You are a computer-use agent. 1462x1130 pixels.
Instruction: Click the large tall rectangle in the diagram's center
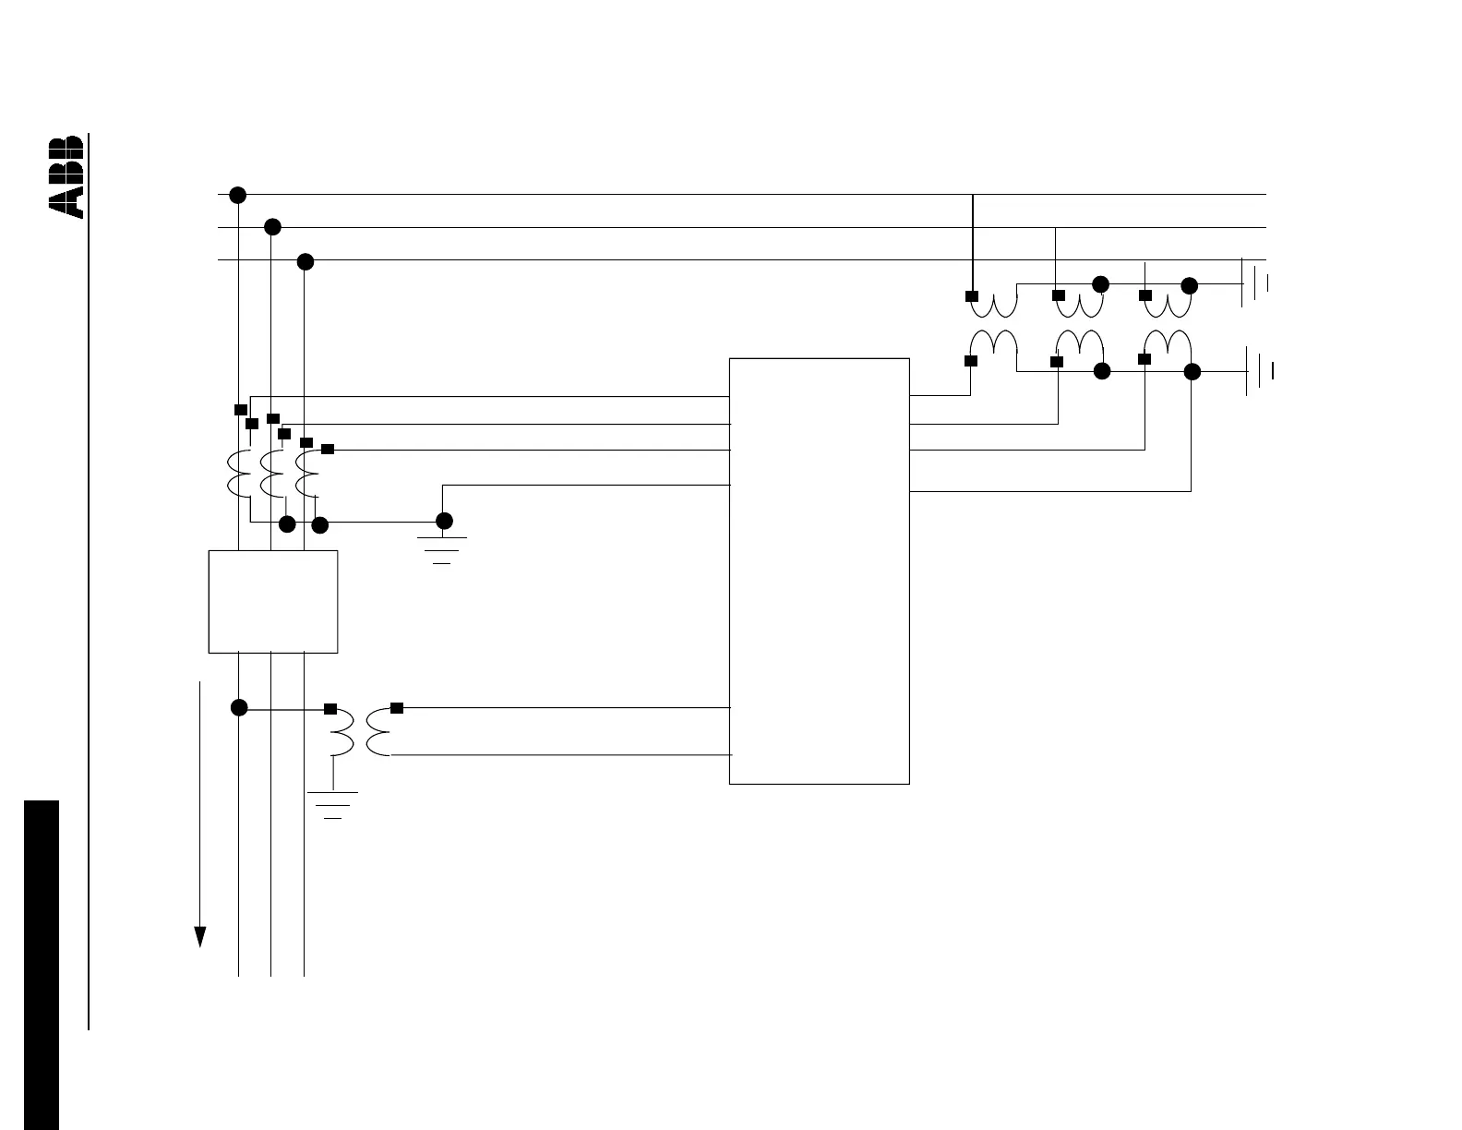[819, 571]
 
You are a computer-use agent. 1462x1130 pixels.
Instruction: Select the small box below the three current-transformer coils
[273, 602]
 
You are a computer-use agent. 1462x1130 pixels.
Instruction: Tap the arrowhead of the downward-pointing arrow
[198, 936]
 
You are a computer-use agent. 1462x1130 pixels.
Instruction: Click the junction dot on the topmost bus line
[237, 195]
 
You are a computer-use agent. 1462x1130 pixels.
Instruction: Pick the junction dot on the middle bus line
[271, 227]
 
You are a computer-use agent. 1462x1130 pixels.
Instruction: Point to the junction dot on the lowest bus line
[306, 261]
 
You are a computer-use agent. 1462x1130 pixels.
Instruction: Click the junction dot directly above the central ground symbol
[444, 521]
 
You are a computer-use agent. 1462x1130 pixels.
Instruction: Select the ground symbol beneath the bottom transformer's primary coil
[333, 805]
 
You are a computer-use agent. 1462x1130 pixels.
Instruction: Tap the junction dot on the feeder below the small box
[239, 708]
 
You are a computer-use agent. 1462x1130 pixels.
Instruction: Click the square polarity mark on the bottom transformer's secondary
[397, 708]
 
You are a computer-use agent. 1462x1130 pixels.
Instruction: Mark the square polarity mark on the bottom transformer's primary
[330, 710]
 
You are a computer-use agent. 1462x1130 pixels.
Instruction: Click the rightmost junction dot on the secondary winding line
[1192, 372]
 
